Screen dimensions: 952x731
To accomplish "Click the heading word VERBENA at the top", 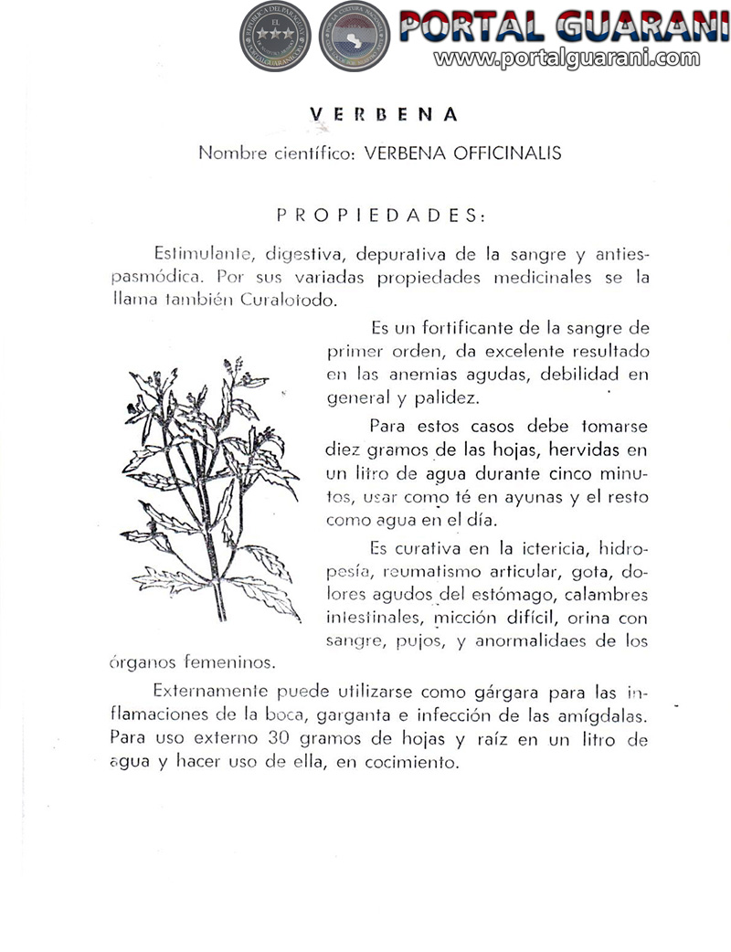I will click(384, 115).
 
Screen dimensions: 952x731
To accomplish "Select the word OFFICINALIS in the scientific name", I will click(509, 153).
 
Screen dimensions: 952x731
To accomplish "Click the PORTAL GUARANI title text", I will click(563, 26).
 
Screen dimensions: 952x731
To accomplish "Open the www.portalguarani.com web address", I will click(567, 58).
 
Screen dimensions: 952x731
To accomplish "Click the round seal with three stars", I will click(275, 37).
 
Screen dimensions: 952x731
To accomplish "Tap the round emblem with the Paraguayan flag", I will click(354, 37).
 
